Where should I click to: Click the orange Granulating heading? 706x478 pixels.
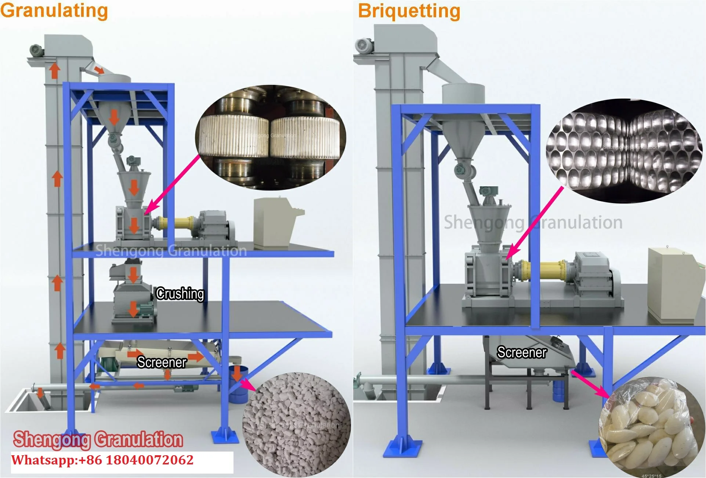point(54,10)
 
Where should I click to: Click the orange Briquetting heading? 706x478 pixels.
point(409,11)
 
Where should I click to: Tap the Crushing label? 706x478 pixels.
point(180,294)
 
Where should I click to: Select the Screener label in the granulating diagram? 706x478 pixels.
point(162,362)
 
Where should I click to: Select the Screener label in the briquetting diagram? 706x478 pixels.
point(522,352)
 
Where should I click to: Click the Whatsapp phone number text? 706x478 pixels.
point(103,460)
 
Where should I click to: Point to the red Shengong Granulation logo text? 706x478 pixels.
point(98,439)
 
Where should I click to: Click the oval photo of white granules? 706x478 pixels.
point(297,424)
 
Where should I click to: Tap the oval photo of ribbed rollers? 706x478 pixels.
point(271,138)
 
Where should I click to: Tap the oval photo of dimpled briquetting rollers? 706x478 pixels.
point(623,151)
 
